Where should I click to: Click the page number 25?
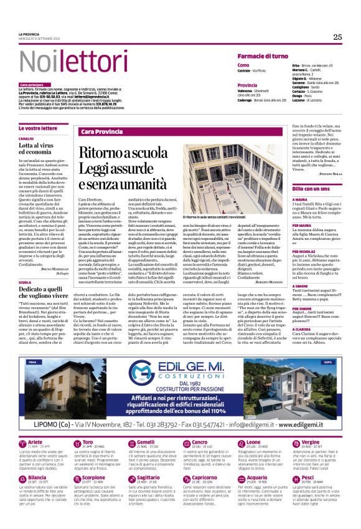(x=337, y=37)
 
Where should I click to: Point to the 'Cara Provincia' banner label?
(x=101, y=132)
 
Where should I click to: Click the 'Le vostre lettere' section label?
(x=38, y=128)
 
